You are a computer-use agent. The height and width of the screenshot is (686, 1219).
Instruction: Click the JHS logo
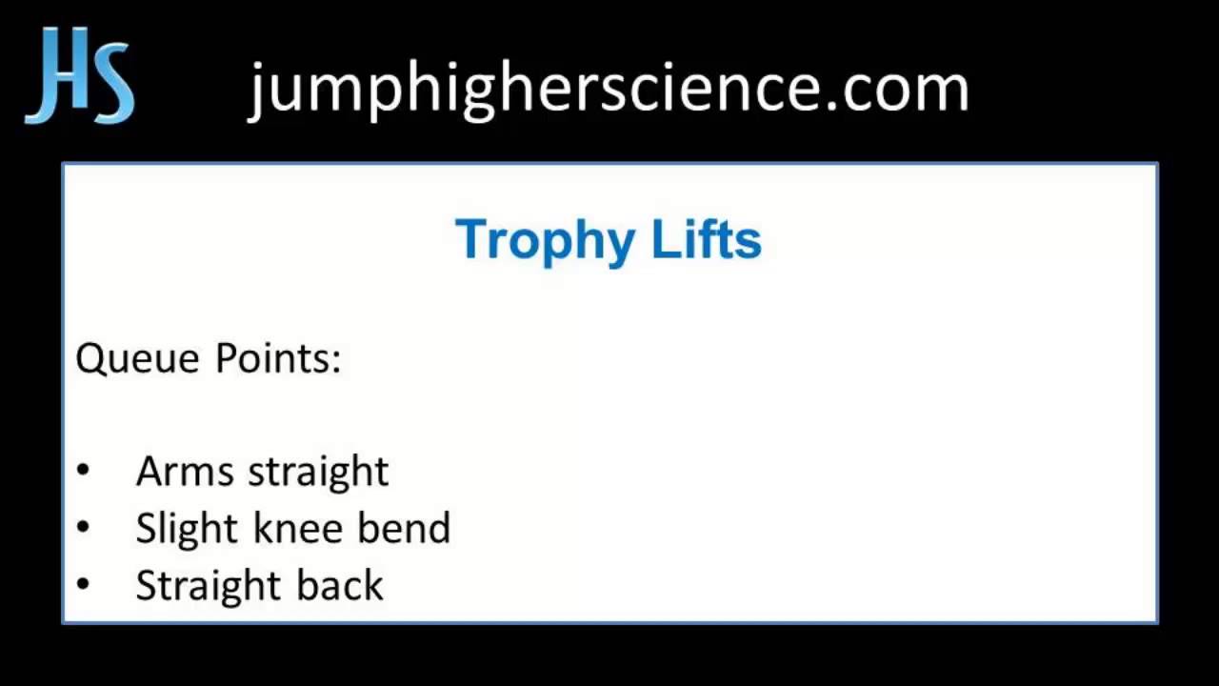[x=80, y=76]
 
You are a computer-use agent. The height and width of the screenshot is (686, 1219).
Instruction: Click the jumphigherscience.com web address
[x=609, y=88]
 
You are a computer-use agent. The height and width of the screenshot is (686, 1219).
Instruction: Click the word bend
[x=404, y=529]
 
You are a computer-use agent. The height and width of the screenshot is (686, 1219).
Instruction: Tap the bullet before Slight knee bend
[x=83, y=528]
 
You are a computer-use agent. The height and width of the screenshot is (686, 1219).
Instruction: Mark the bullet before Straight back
[x=83, y=585]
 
